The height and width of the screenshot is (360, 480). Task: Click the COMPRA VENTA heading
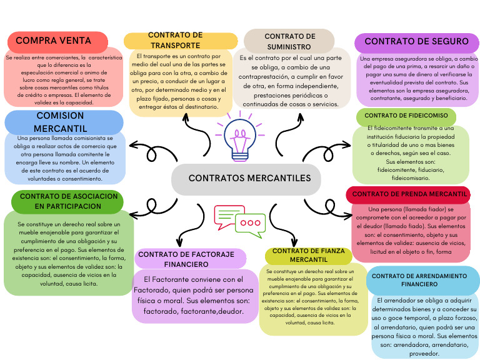[x=53, y=41]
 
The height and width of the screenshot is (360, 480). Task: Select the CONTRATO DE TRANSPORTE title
[x=175, y=40]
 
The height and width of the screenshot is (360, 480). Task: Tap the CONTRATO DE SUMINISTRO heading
[x=289, y=41]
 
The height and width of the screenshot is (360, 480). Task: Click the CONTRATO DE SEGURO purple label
[x=416, y=42]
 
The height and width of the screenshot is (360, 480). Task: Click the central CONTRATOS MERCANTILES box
[x=249, y=178]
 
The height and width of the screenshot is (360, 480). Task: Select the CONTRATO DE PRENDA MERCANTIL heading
[x=409, y=194]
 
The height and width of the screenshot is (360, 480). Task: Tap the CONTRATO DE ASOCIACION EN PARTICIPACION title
[x=68, y=201]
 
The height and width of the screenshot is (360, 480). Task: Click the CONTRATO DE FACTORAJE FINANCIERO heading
[x=186, y=259]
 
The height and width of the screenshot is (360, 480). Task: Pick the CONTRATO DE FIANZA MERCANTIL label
[x=308, y=255]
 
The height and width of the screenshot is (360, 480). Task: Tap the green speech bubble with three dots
[x=252, y=222]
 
